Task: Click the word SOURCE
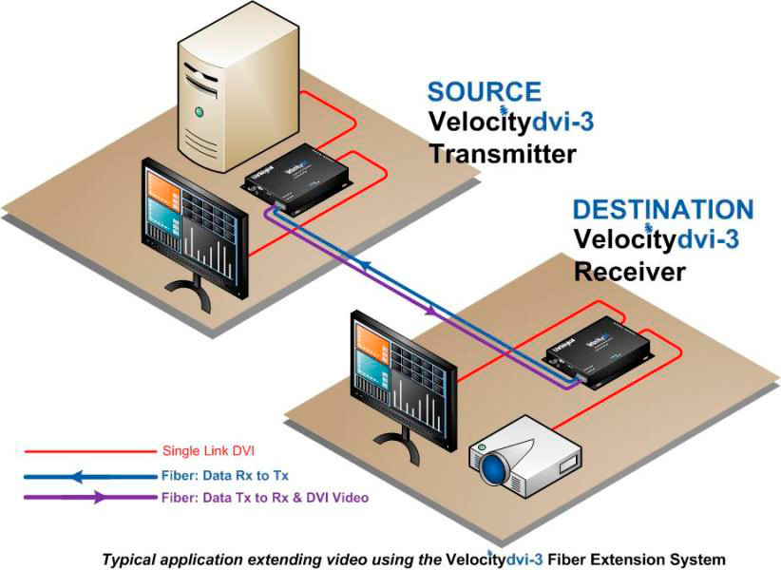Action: tap(484, 92)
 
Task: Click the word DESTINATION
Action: tap(662, 210)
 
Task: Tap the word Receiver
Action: tap(629, 272)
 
